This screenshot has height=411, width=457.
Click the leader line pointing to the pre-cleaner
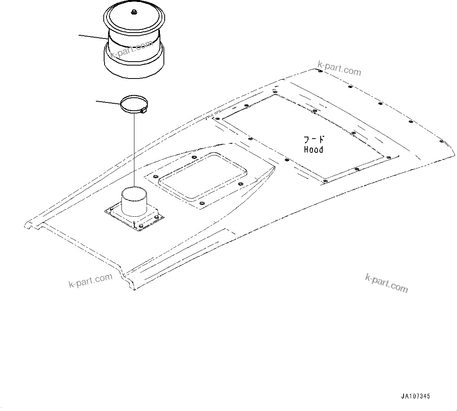click(93, 37)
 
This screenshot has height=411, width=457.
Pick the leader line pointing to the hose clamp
click(108, 102)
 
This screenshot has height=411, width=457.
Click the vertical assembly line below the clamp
click(134, 149)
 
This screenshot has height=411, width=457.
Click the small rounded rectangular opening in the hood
click(202, 175)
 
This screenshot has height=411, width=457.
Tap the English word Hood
click(314, 150)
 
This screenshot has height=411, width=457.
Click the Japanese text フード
click(314, 139)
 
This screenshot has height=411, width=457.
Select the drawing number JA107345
click(415, 396)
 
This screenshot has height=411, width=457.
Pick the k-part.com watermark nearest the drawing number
click(386, 283)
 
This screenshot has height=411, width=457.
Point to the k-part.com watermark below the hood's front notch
click(90, 281)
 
